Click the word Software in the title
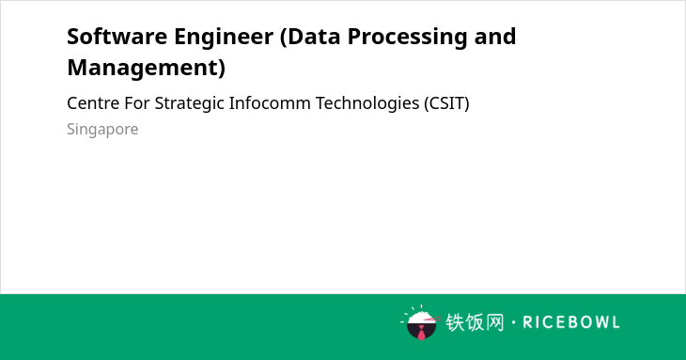(117, 37)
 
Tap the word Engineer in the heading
(224, 38)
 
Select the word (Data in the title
(310, 37)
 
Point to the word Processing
(407, 38)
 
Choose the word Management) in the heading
(146, 68)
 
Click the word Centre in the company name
(93, 103)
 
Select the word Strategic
(190, 104)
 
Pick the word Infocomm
(270, 103)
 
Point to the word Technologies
(367, 104)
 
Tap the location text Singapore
(102, 130)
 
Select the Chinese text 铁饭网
(475, 322)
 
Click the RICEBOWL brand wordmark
(571, 322)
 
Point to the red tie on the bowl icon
(421, 334)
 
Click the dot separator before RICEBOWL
(513, 322)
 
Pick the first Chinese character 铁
(455, 322)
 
